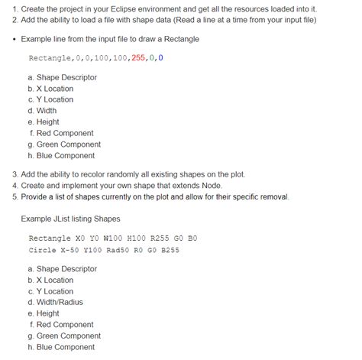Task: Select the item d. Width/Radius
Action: (61, 302)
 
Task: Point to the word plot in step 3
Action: (234, 174)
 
